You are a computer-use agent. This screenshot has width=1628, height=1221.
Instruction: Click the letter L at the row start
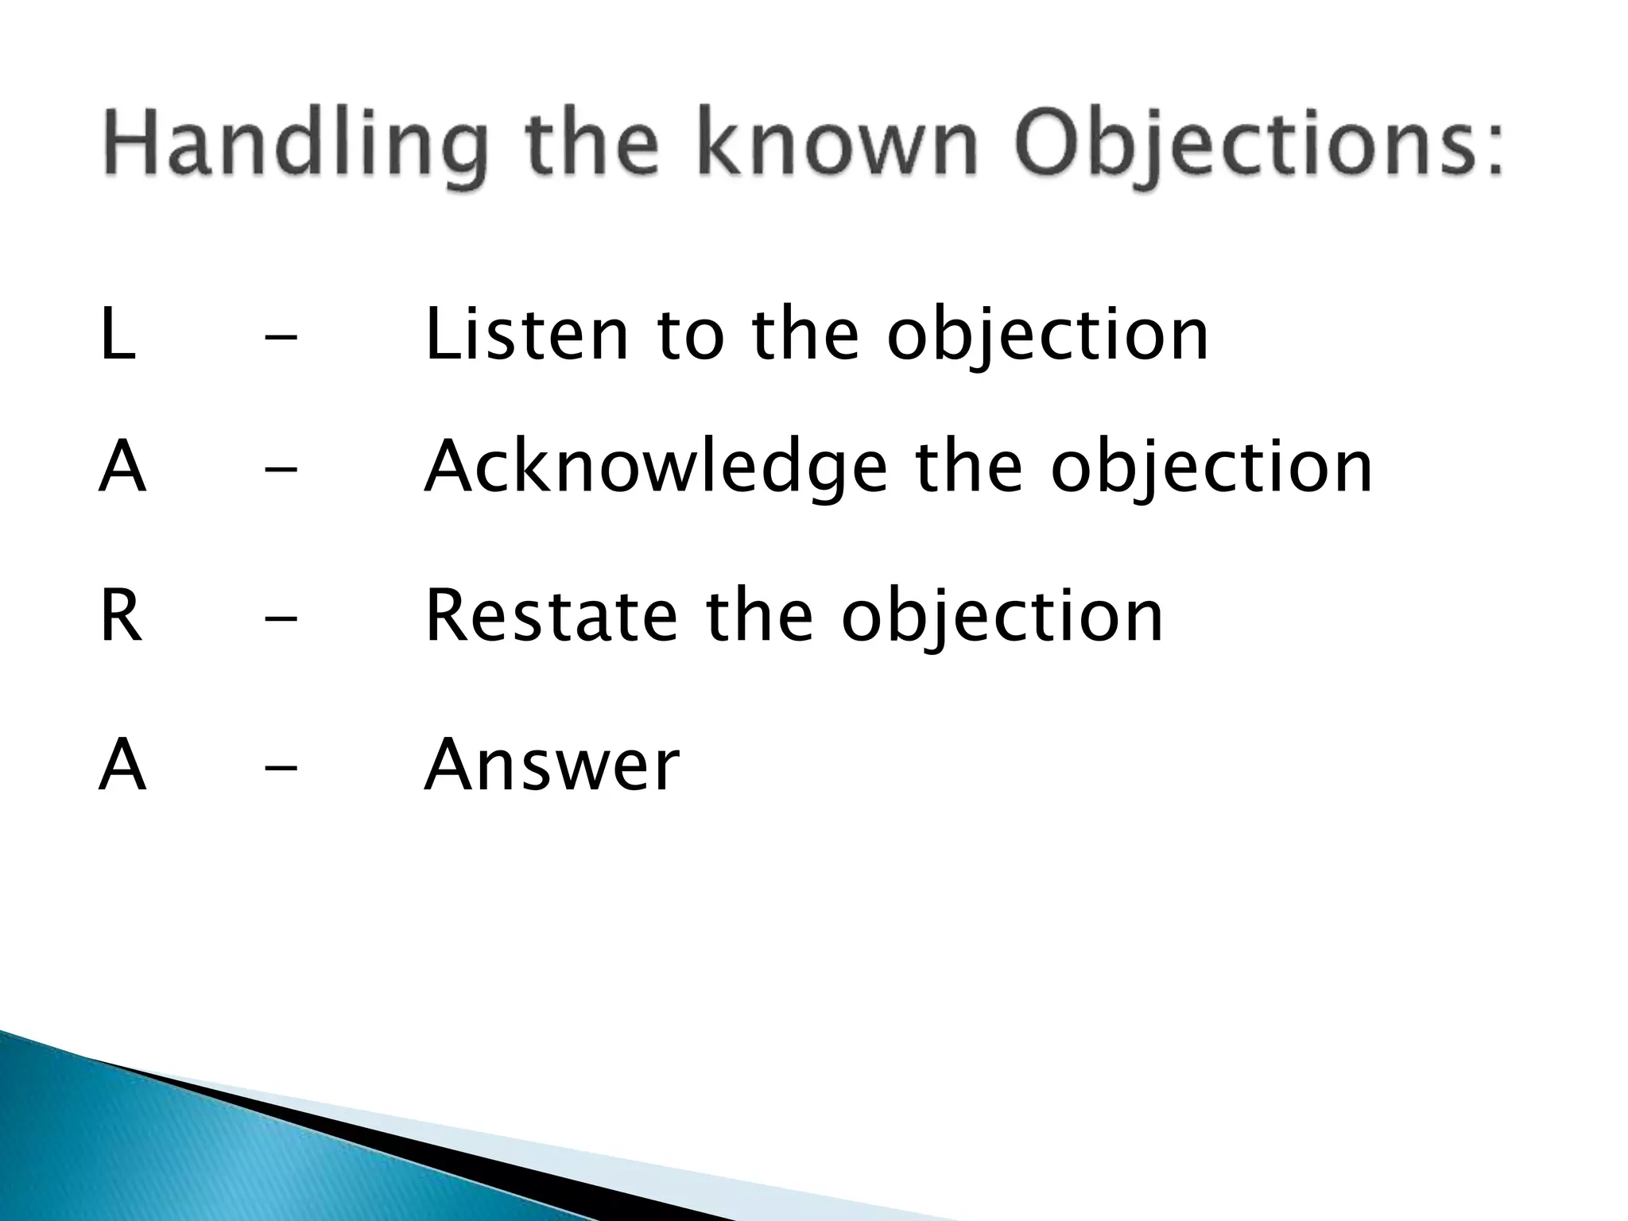(118, 335)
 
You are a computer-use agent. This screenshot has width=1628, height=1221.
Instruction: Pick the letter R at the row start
(121, 617)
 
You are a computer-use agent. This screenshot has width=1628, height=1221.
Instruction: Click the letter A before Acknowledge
(122, 468)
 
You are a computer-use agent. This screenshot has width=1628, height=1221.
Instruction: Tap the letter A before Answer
(122, 766)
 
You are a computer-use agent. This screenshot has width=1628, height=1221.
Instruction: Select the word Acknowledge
(655, 468)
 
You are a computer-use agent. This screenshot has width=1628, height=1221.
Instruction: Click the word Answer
(552, 766)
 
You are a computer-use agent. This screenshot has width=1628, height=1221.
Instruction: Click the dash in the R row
(281, 619)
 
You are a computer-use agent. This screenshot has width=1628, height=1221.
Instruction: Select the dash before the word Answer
(281, 768)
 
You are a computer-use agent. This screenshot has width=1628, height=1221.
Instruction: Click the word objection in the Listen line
(1048, 335)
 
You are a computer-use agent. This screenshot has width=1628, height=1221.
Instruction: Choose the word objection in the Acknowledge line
(1211, 468)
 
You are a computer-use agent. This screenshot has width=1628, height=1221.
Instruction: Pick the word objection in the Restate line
(1002, 617)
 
